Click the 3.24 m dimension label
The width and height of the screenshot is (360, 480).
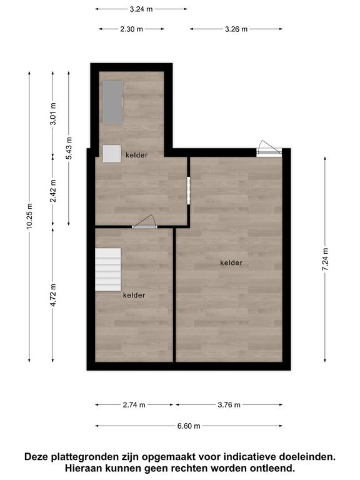[141, 9]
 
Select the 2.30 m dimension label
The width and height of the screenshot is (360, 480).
[131, 29]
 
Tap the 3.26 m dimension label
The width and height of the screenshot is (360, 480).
[236, 29]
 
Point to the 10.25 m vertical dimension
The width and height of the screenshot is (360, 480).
[29, 216]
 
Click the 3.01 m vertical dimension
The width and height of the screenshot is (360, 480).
[52, 114]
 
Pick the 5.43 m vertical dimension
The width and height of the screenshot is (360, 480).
[69, 148]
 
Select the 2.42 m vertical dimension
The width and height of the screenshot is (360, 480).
[52, 191]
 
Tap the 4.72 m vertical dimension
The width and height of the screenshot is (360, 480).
[52, 295]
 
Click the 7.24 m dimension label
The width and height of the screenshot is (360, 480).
[325, 259]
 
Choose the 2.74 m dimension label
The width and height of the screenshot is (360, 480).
[134, 405]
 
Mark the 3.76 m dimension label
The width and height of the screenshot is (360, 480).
[229, 405]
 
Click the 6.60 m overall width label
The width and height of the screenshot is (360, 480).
[189, 426]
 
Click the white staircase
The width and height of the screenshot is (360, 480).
[107, 269]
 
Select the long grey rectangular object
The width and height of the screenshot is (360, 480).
[112, 102]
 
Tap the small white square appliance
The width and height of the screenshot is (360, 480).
[112, 154]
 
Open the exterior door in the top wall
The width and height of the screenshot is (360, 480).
[269, 149]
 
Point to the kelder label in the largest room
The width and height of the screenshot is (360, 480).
[231, 262]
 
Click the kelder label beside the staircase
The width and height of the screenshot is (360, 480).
[134, 295]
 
